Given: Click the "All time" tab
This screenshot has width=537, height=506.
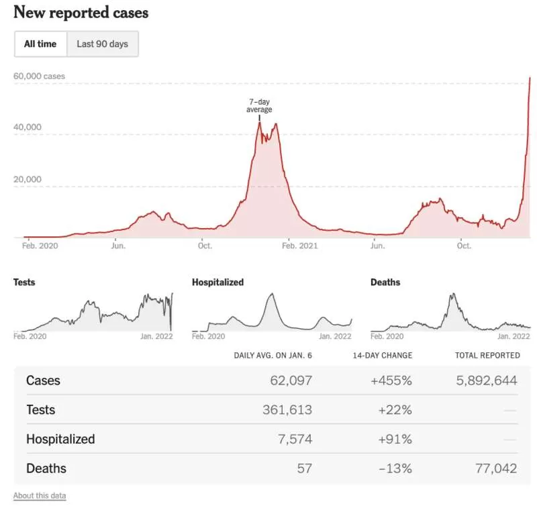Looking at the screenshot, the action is point(40,44).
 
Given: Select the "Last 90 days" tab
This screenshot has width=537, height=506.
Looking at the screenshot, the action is point(103,44).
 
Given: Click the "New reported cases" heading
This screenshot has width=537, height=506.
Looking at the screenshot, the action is point(81,13).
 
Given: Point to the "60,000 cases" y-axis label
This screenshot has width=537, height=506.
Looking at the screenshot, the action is point(39,76).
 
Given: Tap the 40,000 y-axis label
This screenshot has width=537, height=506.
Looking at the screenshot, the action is point(28,127).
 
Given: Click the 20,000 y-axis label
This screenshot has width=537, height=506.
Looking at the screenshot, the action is point(28,179).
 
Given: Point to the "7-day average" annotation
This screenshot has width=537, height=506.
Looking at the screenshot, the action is point(259,105).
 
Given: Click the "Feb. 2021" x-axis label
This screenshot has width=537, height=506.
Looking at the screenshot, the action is point(299,246).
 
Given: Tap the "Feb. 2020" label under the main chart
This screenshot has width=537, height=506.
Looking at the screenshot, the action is point(40,246).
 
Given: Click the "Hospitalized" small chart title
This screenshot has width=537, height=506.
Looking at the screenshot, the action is point(217,282).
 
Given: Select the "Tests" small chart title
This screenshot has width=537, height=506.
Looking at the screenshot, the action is point(24,282).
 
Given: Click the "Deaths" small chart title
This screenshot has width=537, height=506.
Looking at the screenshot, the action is point(385,282).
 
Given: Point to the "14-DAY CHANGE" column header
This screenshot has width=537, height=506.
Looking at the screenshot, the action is point(383,356).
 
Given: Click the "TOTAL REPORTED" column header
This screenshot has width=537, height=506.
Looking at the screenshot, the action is point(487,356).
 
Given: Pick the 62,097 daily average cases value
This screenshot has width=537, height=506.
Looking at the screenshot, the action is point(291,381).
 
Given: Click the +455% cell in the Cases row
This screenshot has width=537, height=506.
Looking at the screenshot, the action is point(391,381).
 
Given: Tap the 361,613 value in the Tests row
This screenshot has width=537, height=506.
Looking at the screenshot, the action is point(287,410).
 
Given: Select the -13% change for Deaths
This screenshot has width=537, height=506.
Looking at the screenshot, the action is point(395,468).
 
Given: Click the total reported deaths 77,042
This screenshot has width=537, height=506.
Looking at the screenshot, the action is point(496,468).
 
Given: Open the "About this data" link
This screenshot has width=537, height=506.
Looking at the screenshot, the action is point(40,496).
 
